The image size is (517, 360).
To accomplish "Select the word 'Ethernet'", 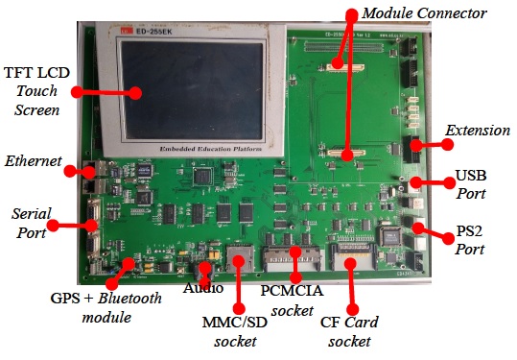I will (x=33, y=159).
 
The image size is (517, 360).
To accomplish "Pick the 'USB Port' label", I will (x=470, y=184).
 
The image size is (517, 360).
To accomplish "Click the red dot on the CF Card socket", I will (x=351, y=261).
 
